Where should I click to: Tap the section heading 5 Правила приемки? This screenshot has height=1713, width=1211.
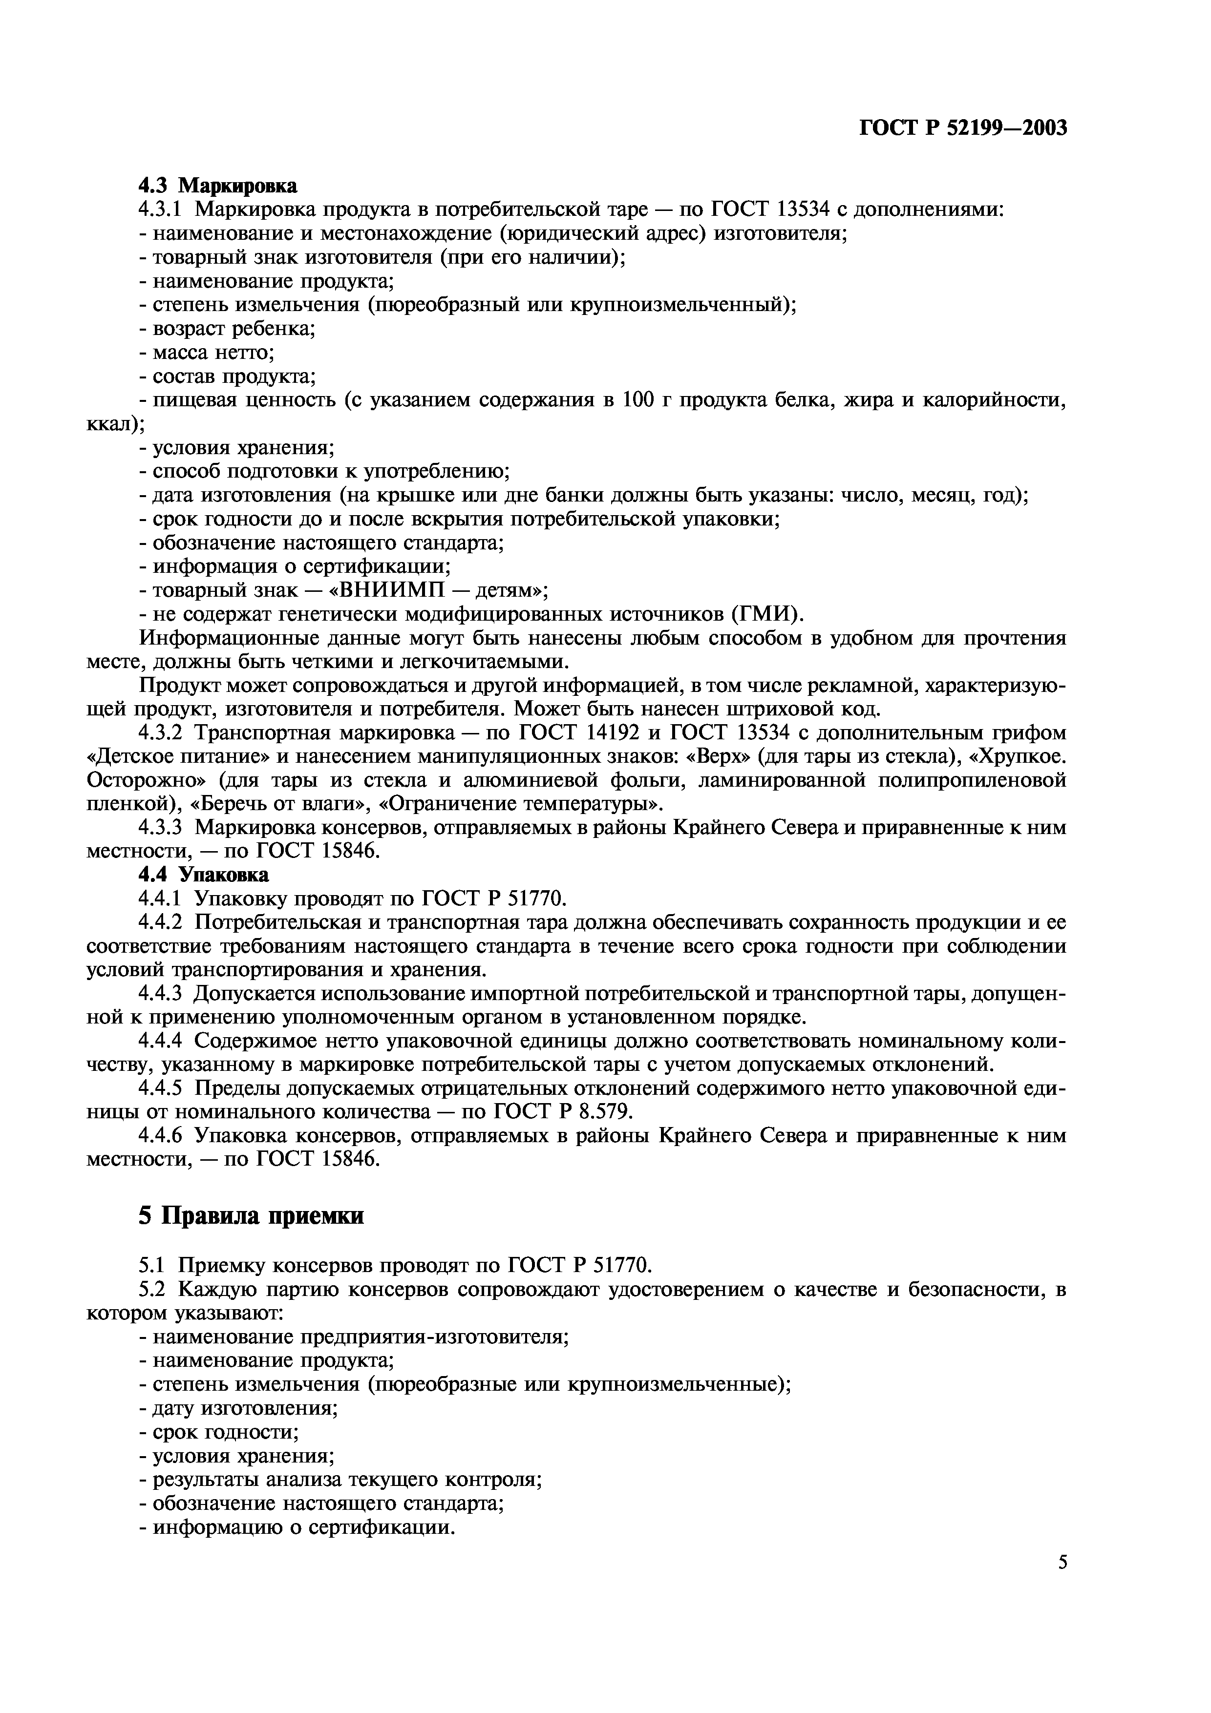pos(252,1215)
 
